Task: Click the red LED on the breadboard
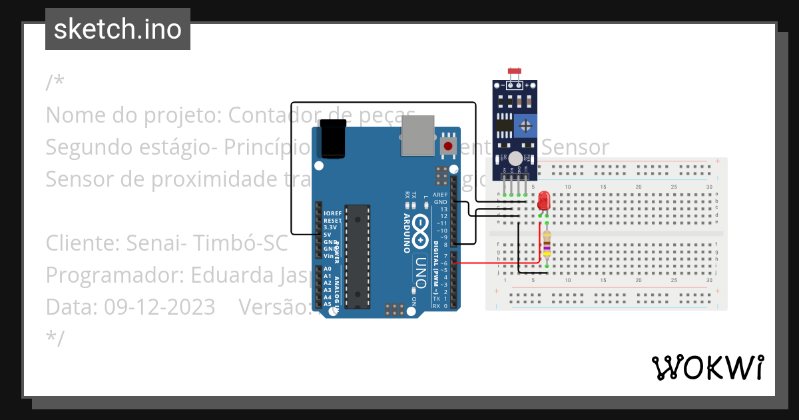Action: [x=544, y=200]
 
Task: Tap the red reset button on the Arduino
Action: [x=448, y=145]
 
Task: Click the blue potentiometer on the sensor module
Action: [x=526, y=125]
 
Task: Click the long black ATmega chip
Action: [x=358, y=257]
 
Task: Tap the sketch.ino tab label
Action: [x=118, y=29]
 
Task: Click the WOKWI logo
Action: [x=707, y=367]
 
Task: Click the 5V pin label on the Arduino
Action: [x=328, y=235]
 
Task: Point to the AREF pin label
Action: [x=440, y=194]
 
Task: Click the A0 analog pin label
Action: [x=327, y=269]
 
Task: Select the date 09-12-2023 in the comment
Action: [x=157, y=307]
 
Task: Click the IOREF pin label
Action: [x=332, y=213]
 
